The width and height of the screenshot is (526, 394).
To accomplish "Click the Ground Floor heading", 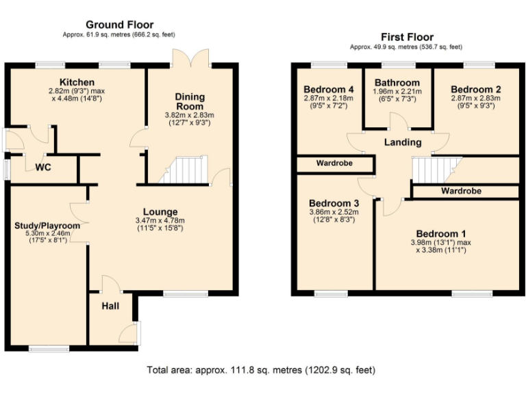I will point(119,25).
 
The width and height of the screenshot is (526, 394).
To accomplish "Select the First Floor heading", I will point(406,37).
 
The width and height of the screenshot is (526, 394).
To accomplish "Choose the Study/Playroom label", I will point(47,226).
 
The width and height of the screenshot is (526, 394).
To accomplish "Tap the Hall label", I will point(110,306).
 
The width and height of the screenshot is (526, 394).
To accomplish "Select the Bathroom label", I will point(397,83).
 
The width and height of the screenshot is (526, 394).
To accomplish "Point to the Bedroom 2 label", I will point(476,90).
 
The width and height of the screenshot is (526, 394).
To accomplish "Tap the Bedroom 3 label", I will point(334,203).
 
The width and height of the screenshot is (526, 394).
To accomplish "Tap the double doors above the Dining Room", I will point(190,58).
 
